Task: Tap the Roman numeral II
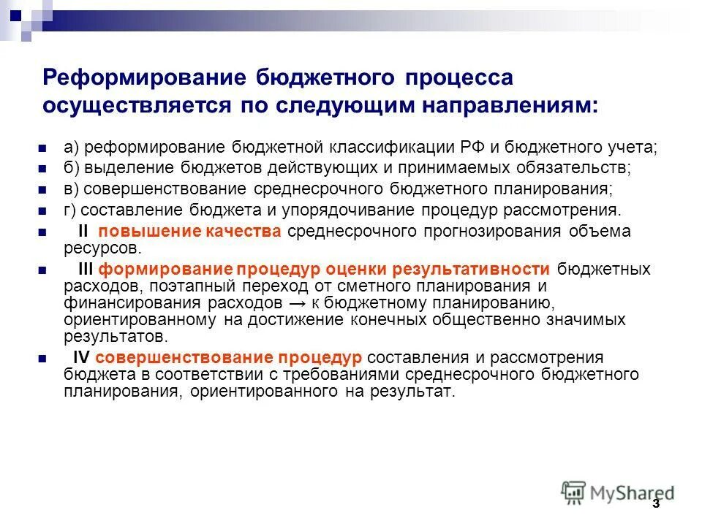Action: [83, 232]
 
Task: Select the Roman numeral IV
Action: [82, 357]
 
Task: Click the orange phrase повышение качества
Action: [190, 232]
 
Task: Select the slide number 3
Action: [655, 503]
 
